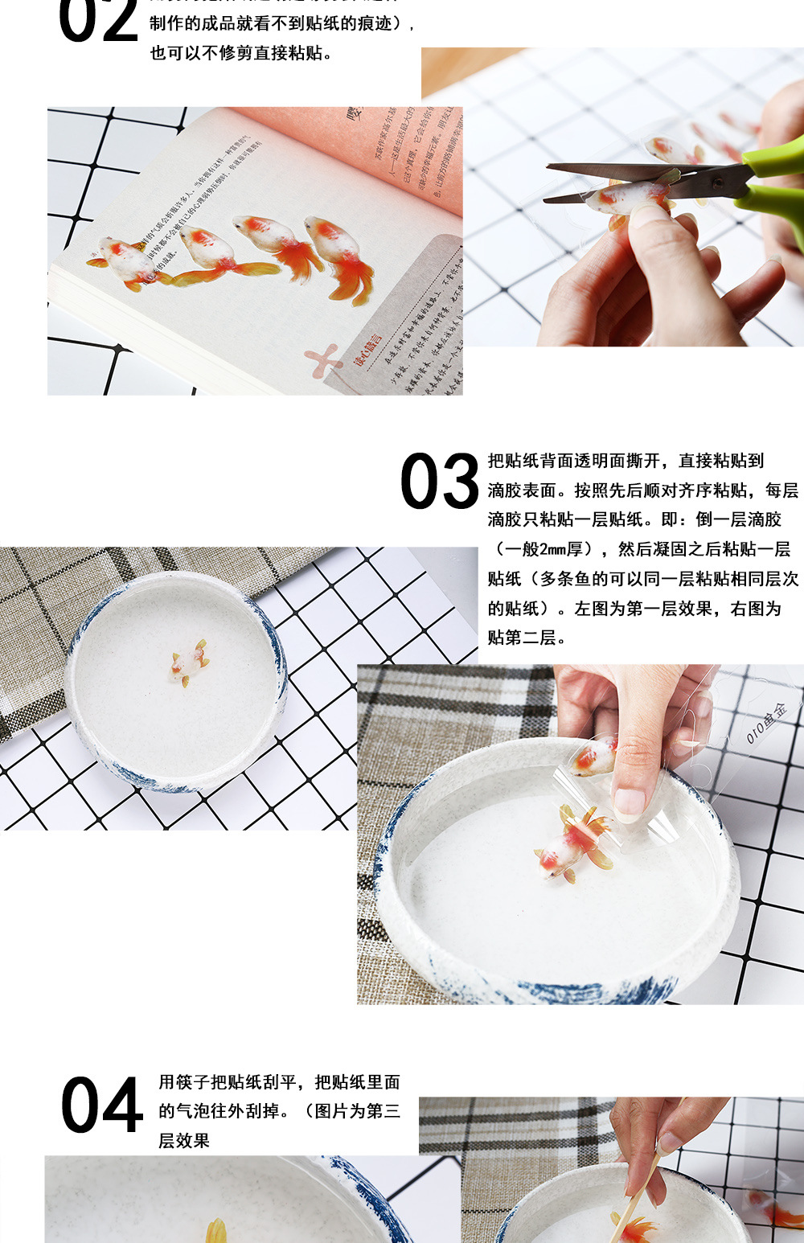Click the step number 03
pyautogui.click(x=439, y=482)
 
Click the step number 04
pyautogui.click(x=101, y=1106)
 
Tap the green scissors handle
pyautogui.click(x=773, y=184)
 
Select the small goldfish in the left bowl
pyautogui.click(x=189, y=663)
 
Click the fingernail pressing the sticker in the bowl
pyautogui.click(x=629, y=801)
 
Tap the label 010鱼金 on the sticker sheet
pyautogui.click(x=766, y=722)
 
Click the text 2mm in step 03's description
pyautogui.click(x=552, y=549)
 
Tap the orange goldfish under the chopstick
pyautogui.click(x=636, y=1229)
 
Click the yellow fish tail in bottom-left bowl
pyautogui.click(x=216, y=1230)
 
